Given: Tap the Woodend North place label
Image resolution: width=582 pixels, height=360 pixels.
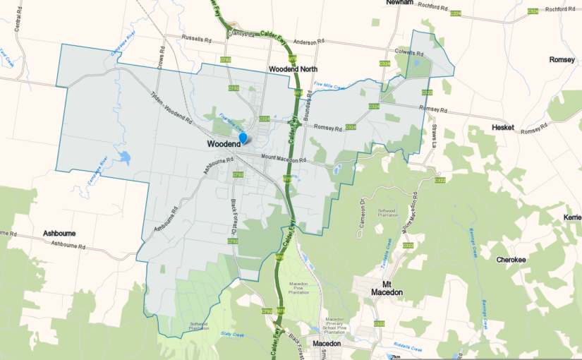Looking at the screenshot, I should (293, 69).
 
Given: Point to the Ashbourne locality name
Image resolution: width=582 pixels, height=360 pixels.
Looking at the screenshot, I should (59, 233).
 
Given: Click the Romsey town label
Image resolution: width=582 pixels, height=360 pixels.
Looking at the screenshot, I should (562, 60).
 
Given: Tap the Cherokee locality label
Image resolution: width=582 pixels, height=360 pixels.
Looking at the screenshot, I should (511, 260).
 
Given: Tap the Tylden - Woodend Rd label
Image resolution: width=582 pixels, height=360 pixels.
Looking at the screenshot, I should (171, 107).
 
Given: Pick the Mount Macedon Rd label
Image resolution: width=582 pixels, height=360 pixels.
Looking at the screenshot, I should (284, 160).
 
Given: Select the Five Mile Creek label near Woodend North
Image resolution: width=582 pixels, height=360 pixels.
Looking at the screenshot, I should (329, 87).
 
